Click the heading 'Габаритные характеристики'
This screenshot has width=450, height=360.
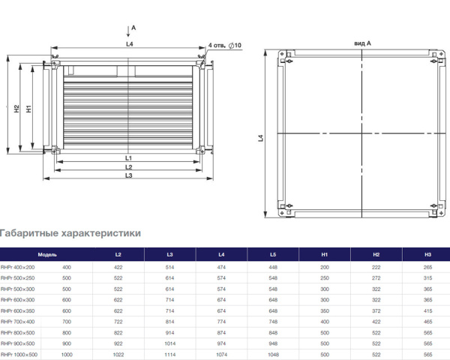tap(70, 233)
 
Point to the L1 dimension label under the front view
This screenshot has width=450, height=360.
tap(129, 158)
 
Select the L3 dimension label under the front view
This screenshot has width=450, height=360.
tap(129, 175)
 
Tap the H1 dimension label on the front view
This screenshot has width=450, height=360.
tap(28, 108)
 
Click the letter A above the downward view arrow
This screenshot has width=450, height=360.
tap(133, 27)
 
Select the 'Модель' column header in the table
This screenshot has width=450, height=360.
tap(48, 256)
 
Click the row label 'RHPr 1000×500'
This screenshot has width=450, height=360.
tap(19, 354)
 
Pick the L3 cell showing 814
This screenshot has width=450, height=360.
tap(169, 321)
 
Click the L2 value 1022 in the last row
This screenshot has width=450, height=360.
tap(118, 354)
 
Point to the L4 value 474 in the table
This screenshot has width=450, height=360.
tap(221, 267)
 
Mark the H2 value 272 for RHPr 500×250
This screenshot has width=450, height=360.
tap(376, 277)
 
